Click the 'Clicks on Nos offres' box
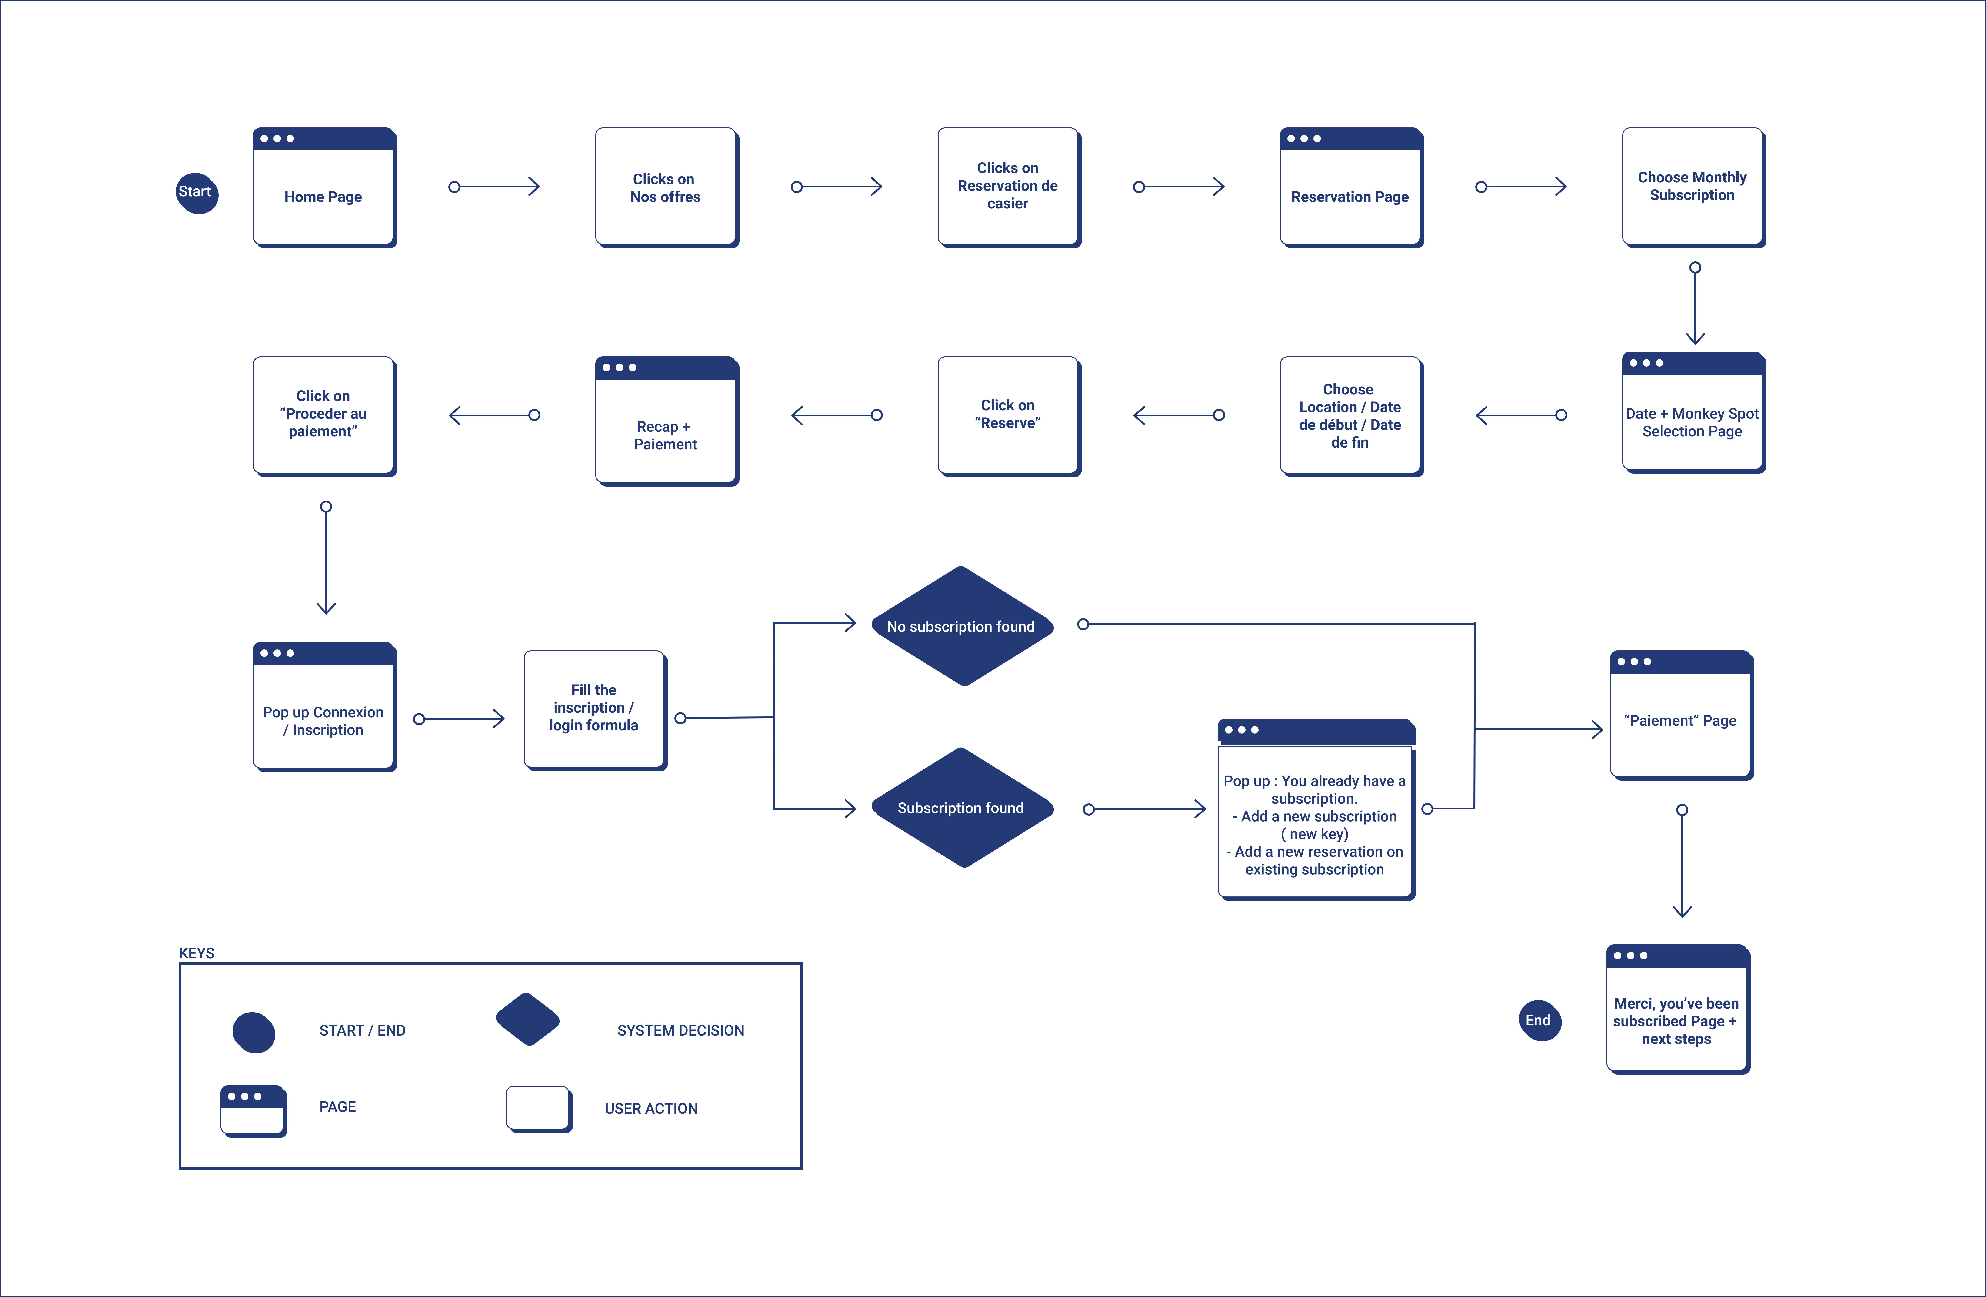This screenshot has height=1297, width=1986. click(666, 187)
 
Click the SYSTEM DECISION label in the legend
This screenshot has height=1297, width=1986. click(680, 1030)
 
